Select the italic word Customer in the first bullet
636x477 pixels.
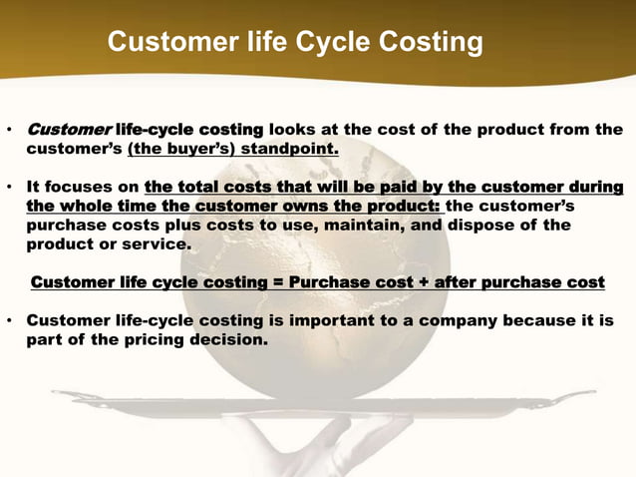pyautogui.click(x=69, y=130)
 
